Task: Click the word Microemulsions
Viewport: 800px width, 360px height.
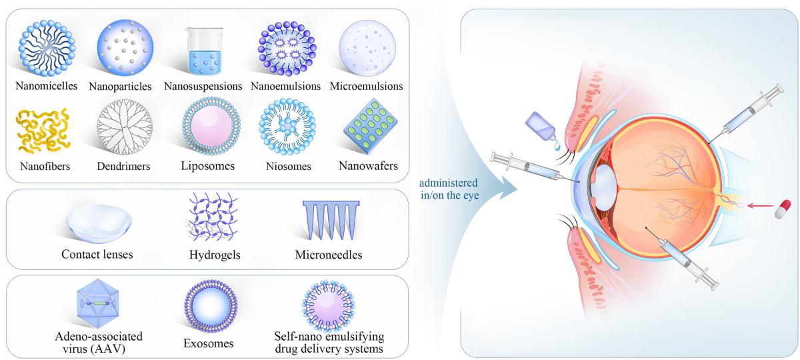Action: [x=366, y=87]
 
